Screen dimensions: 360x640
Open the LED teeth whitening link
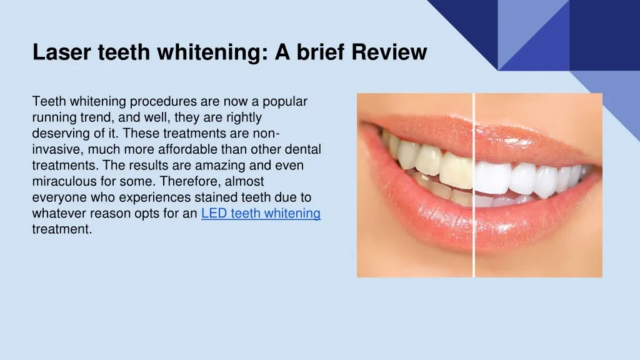tap(261, 213)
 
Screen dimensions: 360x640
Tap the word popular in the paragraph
tap(284, 101)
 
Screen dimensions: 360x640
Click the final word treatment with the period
tap(62, 229)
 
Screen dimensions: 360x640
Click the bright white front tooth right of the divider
tap(491, 176)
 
